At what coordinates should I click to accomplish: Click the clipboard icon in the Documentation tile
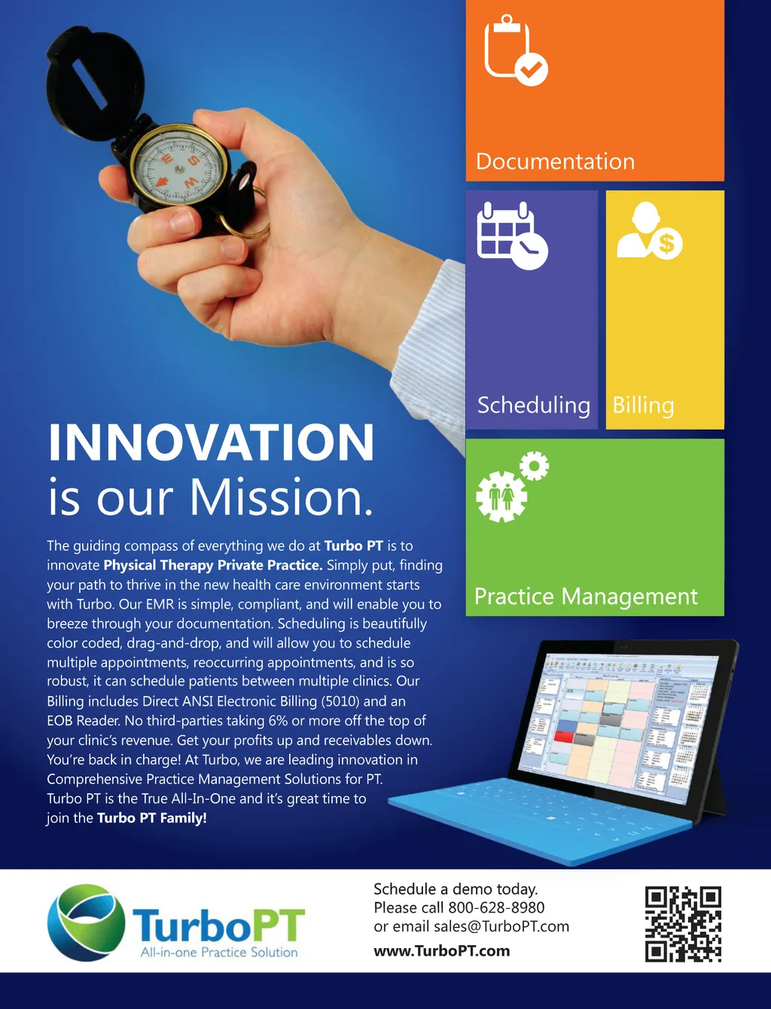click(515, 50)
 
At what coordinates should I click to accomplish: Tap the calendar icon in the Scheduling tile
click(512, 236)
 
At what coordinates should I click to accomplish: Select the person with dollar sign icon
click(649, 230)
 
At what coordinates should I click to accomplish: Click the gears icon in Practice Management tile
click(512, 486)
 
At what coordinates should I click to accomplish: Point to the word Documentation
click(555, 161)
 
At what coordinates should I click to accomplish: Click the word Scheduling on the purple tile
click(534, 406)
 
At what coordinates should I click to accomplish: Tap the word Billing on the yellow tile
click(643, 406)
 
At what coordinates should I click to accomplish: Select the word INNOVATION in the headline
click(211, 442)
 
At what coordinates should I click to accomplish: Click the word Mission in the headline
click(281, 497)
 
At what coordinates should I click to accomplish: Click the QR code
click(683, 924)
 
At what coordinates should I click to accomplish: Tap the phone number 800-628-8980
click(496, 907)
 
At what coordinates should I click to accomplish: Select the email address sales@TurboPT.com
click(501, 926)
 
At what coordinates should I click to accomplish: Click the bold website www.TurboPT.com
click(442, 950)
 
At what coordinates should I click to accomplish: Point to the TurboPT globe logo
click(86, 923)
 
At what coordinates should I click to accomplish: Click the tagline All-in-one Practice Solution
click(219, 952)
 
